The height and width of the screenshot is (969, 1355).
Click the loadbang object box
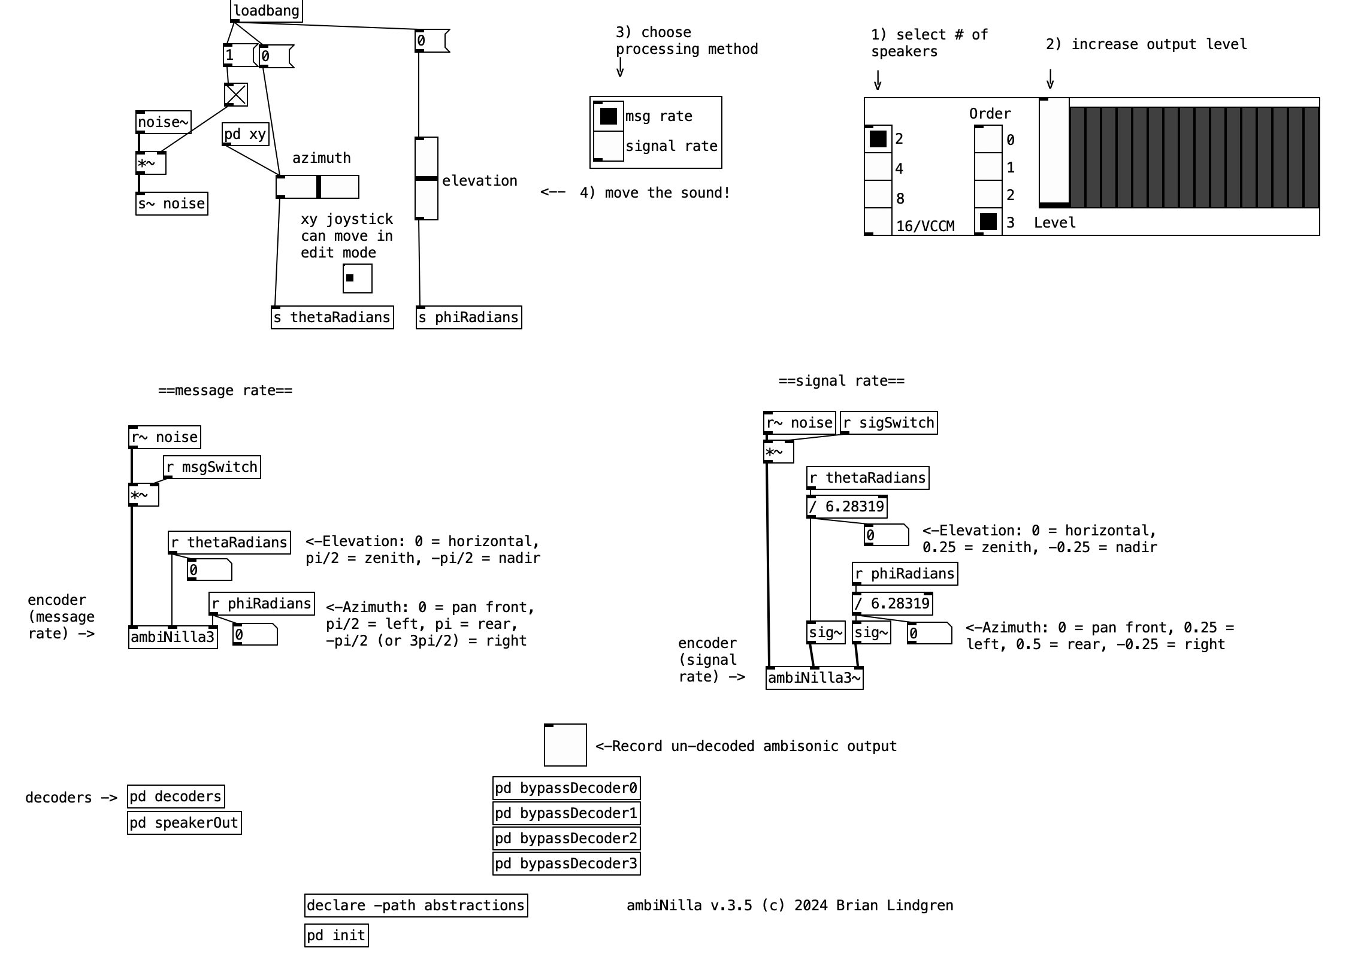266,11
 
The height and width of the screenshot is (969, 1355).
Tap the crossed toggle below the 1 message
235,95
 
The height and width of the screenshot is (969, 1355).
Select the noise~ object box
163,122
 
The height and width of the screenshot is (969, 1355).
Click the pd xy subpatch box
245,134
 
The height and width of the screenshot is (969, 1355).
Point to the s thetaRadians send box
332,317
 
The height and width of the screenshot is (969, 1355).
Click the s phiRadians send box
468,317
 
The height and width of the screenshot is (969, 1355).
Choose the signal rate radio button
608,146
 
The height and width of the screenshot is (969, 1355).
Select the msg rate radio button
608,116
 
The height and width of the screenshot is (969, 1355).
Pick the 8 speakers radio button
878,195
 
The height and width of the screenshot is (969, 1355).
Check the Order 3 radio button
988,222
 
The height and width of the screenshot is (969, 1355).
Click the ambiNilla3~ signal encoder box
814,679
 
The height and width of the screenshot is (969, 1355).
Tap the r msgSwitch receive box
212,467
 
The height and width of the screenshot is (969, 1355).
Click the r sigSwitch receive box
888,423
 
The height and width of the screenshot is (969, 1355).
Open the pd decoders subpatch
176,797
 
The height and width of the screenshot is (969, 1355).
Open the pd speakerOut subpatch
184,823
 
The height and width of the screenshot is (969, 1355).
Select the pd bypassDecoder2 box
566,838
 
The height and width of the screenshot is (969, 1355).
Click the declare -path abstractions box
416,906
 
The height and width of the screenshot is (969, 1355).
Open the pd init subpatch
336,935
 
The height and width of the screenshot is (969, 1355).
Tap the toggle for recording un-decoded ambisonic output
565,745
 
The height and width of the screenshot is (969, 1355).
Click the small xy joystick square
357,278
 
